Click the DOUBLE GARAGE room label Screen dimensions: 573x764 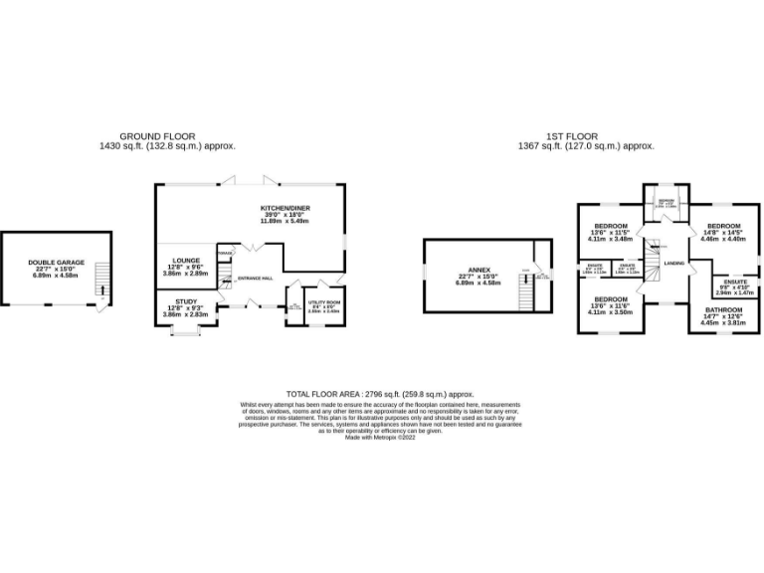click(56, 263)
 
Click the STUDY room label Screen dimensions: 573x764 click(185, 301)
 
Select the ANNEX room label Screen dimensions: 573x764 click(480, 270)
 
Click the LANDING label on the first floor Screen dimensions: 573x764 click(673, 263)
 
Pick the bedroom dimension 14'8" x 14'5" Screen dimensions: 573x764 click(722, 232)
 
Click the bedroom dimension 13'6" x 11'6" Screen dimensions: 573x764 click(611, 305)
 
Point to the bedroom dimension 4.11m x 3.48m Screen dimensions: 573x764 click(611, 239)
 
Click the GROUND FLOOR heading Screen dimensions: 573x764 click(157, 136)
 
